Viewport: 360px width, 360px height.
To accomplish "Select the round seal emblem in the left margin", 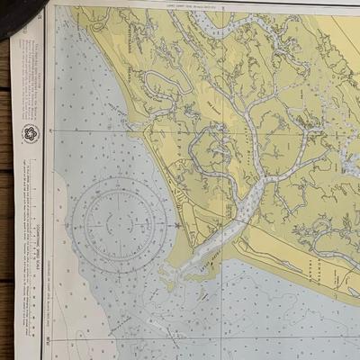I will [30, 134].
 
